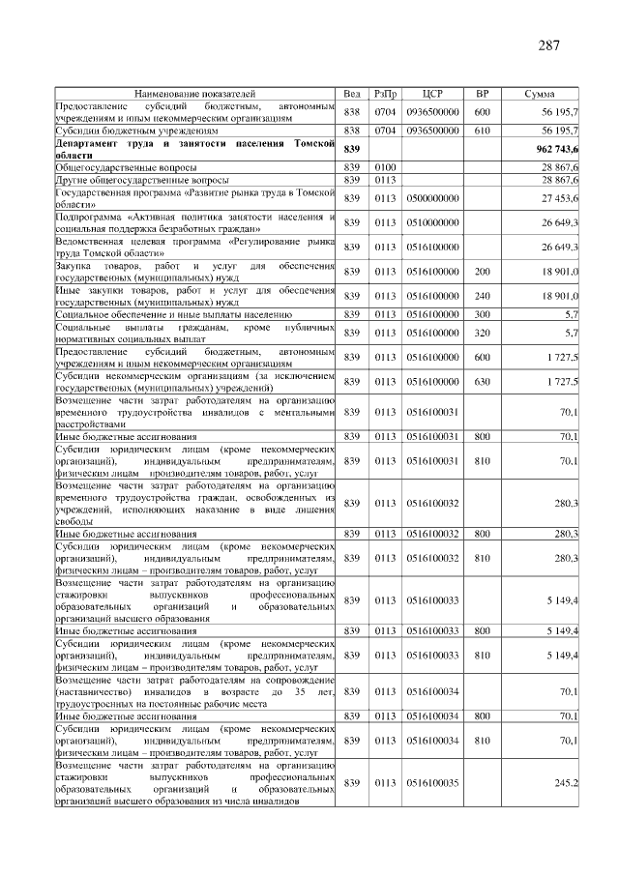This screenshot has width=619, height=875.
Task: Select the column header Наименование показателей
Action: tap(196, 95)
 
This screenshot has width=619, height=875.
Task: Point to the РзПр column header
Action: tap(385, 95)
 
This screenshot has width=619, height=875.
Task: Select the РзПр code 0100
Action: tap(385, 167)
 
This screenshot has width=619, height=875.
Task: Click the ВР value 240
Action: tap(483, 296)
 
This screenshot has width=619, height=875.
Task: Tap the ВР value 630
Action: tap(483, 382)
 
